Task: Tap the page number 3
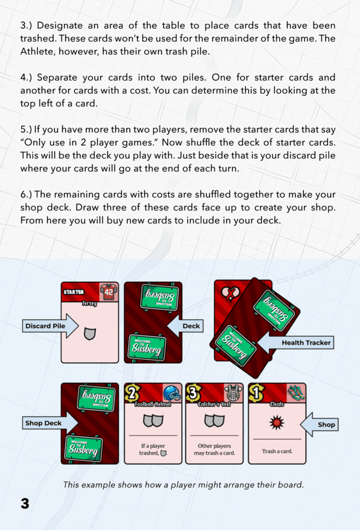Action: click(25, 503)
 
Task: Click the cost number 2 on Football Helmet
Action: click(133, 394)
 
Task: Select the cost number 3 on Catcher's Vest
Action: click(194, 394)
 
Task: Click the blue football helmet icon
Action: click(172, 393)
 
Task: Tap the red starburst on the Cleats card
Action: click(277, 423)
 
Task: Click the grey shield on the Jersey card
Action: click(89, 333)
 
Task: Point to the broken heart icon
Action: click(229, 293)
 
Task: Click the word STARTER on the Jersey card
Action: click(74, 292)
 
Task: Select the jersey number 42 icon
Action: click(109, 292)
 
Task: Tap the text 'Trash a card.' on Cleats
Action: click(277, 451)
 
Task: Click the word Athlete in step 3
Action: click(36, 52)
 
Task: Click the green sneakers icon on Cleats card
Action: click(296, 393)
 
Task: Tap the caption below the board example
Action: click(184, 484)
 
